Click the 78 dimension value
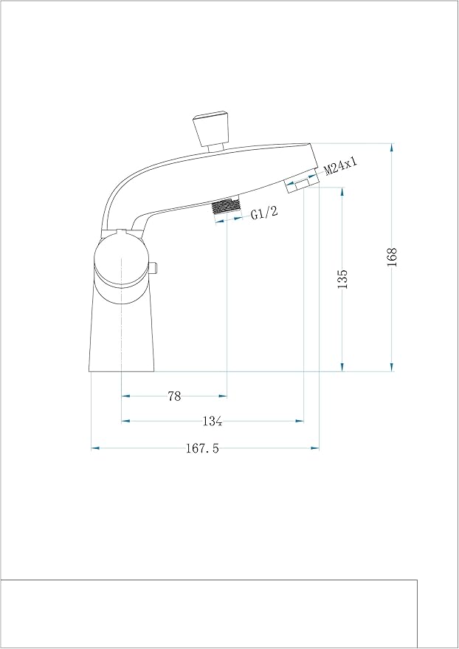point(174,396)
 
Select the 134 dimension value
point(213,422)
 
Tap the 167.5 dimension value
point(202,448)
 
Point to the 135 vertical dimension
point(342,279)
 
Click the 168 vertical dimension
point(392,256)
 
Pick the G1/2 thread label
point(263,215)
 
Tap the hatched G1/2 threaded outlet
point(227,208)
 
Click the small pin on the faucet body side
point(155,268)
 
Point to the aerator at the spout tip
point(300,183)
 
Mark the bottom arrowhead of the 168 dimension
point(392,367)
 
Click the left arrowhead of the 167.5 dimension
point(94,447)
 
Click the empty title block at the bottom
point(209,614)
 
